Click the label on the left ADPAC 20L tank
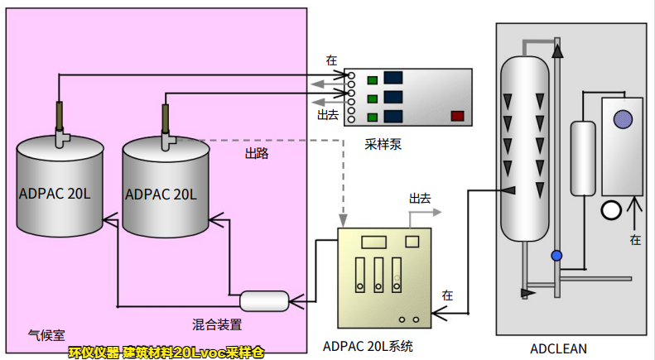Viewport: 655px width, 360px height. [55, 194]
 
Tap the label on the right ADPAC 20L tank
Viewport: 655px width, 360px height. [161, 194]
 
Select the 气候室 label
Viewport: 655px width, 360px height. [46, 335]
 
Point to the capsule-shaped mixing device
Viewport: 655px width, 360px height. [264, 300]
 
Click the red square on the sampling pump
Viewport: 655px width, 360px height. [456, 116]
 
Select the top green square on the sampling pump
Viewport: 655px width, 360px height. [373, 80]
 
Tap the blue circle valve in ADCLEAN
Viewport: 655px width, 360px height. [557, 256]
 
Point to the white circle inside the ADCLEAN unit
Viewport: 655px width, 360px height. [611, 210]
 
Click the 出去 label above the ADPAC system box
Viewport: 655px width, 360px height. [420, 199]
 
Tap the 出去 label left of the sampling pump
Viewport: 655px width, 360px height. [328, 115]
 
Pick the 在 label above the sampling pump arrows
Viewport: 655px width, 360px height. [331, 60]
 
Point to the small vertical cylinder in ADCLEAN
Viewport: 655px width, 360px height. [584, 157]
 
